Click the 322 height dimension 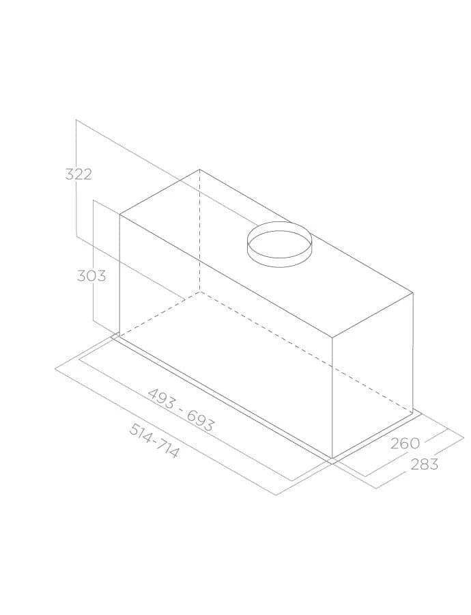coord(78,174)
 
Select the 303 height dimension coord(91,275)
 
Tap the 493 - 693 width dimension coord(181,410)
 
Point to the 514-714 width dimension coord(154,441)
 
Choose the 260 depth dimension coord(405,443)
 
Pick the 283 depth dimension coord(424,465)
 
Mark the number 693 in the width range coord(201,422)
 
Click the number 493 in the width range coord(161,398)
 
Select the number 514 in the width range coord(141,433)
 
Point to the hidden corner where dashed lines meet coord(200,291)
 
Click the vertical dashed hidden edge coord(200,232)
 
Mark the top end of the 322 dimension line coord(76,120)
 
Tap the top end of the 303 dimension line coord(92,200)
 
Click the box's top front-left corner coord(120,215)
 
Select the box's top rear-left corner coord(200,169)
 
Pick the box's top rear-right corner coord(413,294)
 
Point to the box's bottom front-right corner coord(332,458)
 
